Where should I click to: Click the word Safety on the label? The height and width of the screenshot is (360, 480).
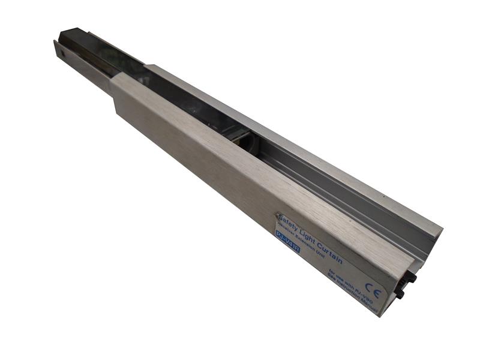289,224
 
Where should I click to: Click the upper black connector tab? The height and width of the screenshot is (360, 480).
412,278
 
